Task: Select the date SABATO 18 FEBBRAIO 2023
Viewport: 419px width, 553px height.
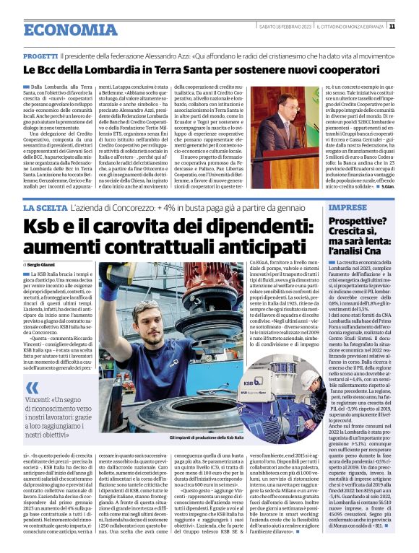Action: click(x=285, y=27)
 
